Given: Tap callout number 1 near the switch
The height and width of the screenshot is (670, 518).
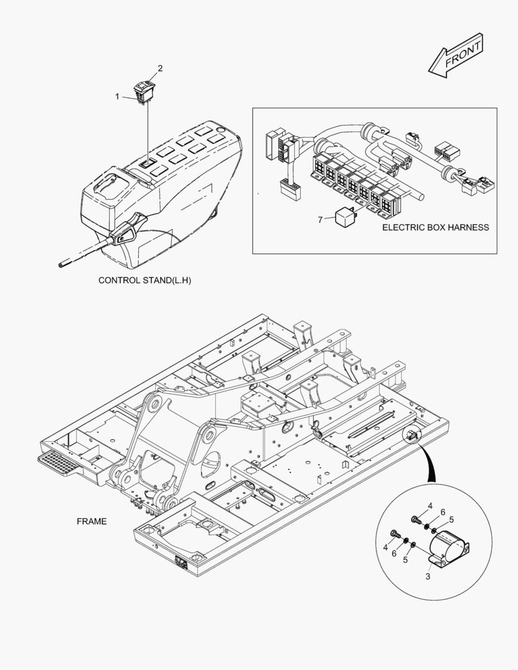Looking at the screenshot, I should (117, 96).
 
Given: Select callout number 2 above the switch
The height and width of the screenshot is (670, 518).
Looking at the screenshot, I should (160, 68).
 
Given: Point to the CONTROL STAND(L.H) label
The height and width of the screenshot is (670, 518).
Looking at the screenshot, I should (145, 280).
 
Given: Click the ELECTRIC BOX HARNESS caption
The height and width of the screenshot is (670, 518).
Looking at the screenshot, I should (435, 227).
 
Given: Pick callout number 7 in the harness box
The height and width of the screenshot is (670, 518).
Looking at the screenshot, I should (321, 219).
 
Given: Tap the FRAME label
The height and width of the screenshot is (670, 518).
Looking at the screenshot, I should (91, 521).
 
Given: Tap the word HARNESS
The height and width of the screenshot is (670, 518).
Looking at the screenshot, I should (467, 227).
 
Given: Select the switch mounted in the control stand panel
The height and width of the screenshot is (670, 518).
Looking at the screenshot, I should (146, 164).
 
